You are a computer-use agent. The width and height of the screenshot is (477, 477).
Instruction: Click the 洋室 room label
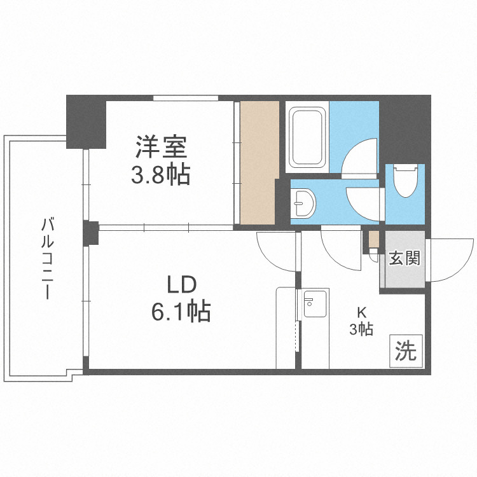pos(160,148)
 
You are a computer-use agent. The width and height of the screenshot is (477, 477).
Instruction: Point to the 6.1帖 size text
pos(180,311)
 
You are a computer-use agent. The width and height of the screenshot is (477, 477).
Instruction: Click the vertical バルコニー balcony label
pos(47,258)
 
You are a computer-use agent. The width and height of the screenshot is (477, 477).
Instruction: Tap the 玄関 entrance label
pos(403,258)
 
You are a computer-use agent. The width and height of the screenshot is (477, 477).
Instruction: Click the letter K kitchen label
pos(361,312)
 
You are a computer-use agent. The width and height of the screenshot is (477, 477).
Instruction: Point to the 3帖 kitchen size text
pos(361,329)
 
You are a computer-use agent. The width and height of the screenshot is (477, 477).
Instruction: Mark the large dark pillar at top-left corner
pos(86,121)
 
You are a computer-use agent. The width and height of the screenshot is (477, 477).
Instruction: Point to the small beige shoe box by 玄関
pos(374,240)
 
